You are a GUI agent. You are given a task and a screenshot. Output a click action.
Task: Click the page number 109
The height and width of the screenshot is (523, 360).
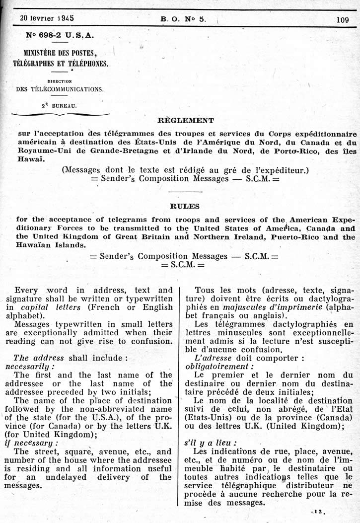pyautogui.click(x=343, y=20)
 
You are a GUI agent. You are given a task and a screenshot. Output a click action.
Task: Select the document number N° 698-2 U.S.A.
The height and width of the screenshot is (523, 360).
pyautogui.click(x=59, y=36)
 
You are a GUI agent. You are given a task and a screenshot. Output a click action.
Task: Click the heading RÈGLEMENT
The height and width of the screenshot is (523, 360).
pyautogui.click(x=186, y=120)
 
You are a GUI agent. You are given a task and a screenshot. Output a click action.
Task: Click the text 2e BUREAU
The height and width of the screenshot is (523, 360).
pyautogui.click(x=59, y=106)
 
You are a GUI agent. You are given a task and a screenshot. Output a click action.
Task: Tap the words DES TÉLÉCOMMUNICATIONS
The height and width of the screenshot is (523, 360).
pyautogui.click(x=60, y=89)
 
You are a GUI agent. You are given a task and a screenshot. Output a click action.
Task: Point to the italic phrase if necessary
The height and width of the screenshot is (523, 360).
pyautogui.click(x=35, y=443)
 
